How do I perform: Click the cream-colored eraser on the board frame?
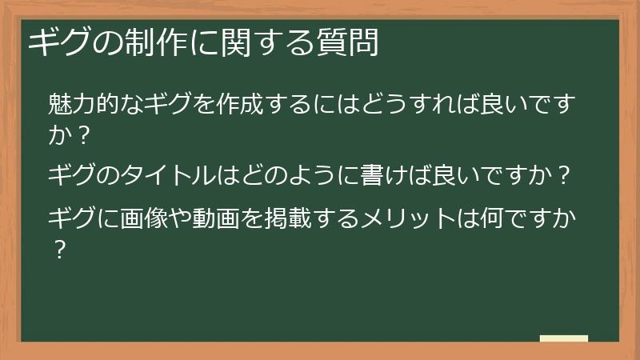pyautogui.click(x=563, y=338)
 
